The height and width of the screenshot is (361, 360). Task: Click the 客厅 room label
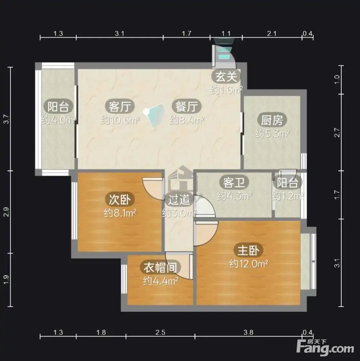pyautogui.click(x=120, y=107)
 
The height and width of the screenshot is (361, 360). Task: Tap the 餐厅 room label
pyautogui.click(x=186, y=107)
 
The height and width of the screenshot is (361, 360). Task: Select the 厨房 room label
pyautogui.click(x=272, y=120)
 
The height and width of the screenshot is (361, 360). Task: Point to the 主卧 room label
pyautogui.click(x=248, y=251)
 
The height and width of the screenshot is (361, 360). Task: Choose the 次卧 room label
pyautogui.click(x=120, y=200)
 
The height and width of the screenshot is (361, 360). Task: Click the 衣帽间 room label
pyautogui.click(x=160, y=268)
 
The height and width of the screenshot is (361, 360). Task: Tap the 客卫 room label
pyautogui.click(x=234, y=182)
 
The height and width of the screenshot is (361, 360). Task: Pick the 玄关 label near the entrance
pyautogui.click(x=226, y=77)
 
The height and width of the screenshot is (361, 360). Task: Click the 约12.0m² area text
pyautogui.click(x=249, y=264)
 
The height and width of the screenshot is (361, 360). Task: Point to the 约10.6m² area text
pyautogui.click(x=120, y=120)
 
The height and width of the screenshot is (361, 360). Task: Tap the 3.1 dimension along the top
pyautogui.click(x=119, y=34)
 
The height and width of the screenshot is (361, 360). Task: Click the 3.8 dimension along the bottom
pyautogui.click(x=248, y=333)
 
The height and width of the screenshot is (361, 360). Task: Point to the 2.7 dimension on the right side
pyautogui.click(x=337, y=133)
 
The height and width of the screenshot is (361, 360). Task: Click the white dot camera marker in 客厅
pyautogui.click(x=146, y=112)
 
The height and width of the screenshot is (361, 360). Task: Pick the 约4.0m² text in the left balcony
pyautogui.click(x=58, y=120)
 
